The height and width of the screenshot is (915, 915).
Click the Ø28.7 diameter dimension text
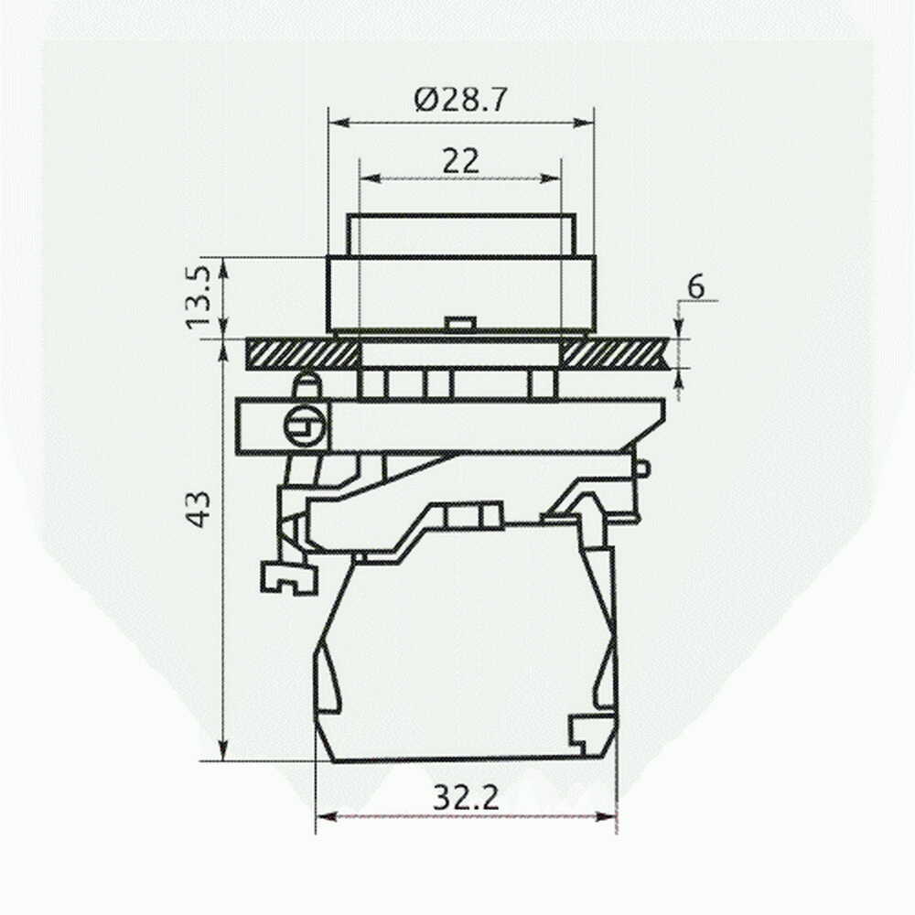pos(460,100)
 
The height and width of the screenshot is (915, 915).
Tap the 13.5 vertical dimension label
pos(198,297)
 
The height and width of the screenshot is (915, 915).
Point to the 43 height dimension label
pos(200,510)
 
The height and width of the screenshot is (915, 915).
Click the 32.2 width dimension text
pos(466,797)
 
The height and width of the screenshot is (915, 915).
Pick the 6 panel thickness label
pos(696,287)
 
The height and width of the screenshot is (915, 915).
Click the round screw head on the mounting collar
pos(304,426)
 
